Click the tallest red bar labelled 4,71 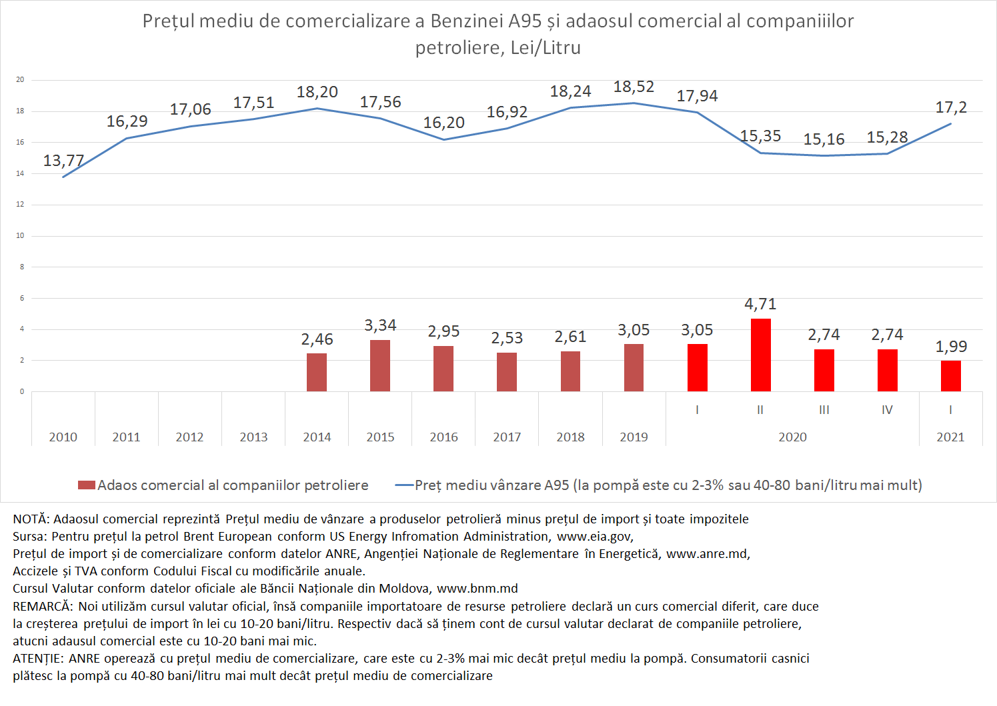pos(760,355)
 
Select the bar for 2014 pos(317,372)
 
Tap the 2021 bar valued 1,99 pos(950,376)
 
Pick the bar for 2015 pos(380,365)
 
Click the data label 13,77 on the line pos(63,161)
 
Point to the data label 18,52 pos(634,87)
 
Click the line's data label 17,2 pos(950,107)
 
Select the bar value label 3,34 pos(380,325)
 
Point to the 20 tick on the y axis pos(20,79)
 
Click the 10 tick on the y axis pos(20,235)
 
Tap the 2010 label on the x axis pos(63,437)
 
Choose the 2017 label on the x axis pos(507,437)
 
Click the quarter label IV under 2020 pos(887,410)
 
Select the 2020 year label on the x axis pos(792,437)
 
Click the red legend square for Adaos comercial pos(87,485)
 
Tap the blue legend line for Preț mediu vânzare pos(404,485)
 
